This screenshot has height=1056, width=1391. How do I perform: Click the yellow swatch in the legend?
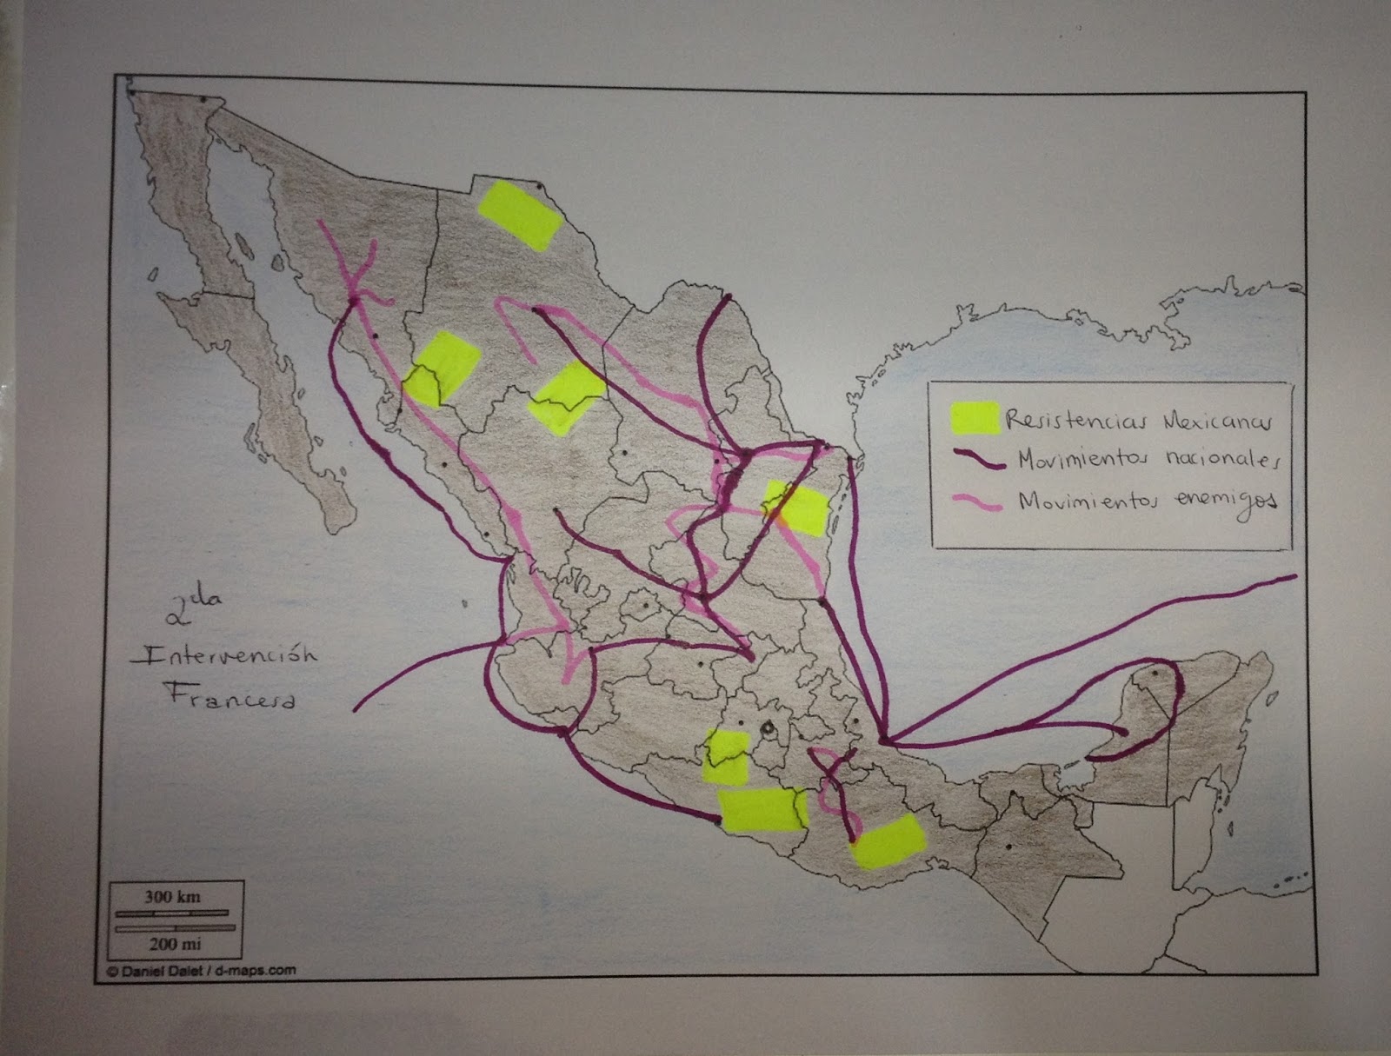pyautogui.click(x=975, y=418)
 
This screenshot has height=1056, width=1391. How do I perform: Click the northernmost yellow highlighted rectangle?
pyautogui.click(x=520, y=214)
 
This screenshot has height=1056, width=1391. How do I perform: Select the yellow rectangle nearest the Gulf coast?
pyautogui.click(x=795, y=510)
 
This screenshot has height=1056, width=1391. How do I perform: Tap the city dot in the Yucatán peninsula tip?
pyautogui.click(x=1155, y=672)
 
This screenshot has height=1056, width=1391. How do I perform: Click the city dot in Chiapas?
pyautogui.click(x=1008, y=847)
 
